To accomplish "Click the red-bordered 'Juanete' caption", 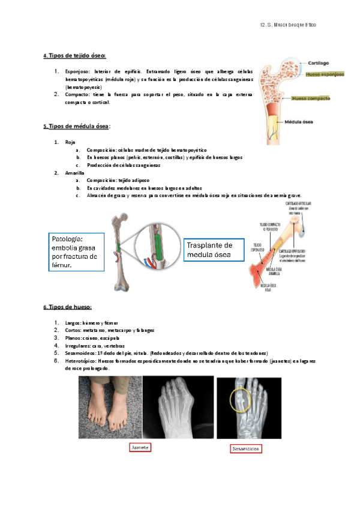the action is (140, 448).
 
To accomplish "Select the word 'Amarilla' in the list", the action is (75, 173).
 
